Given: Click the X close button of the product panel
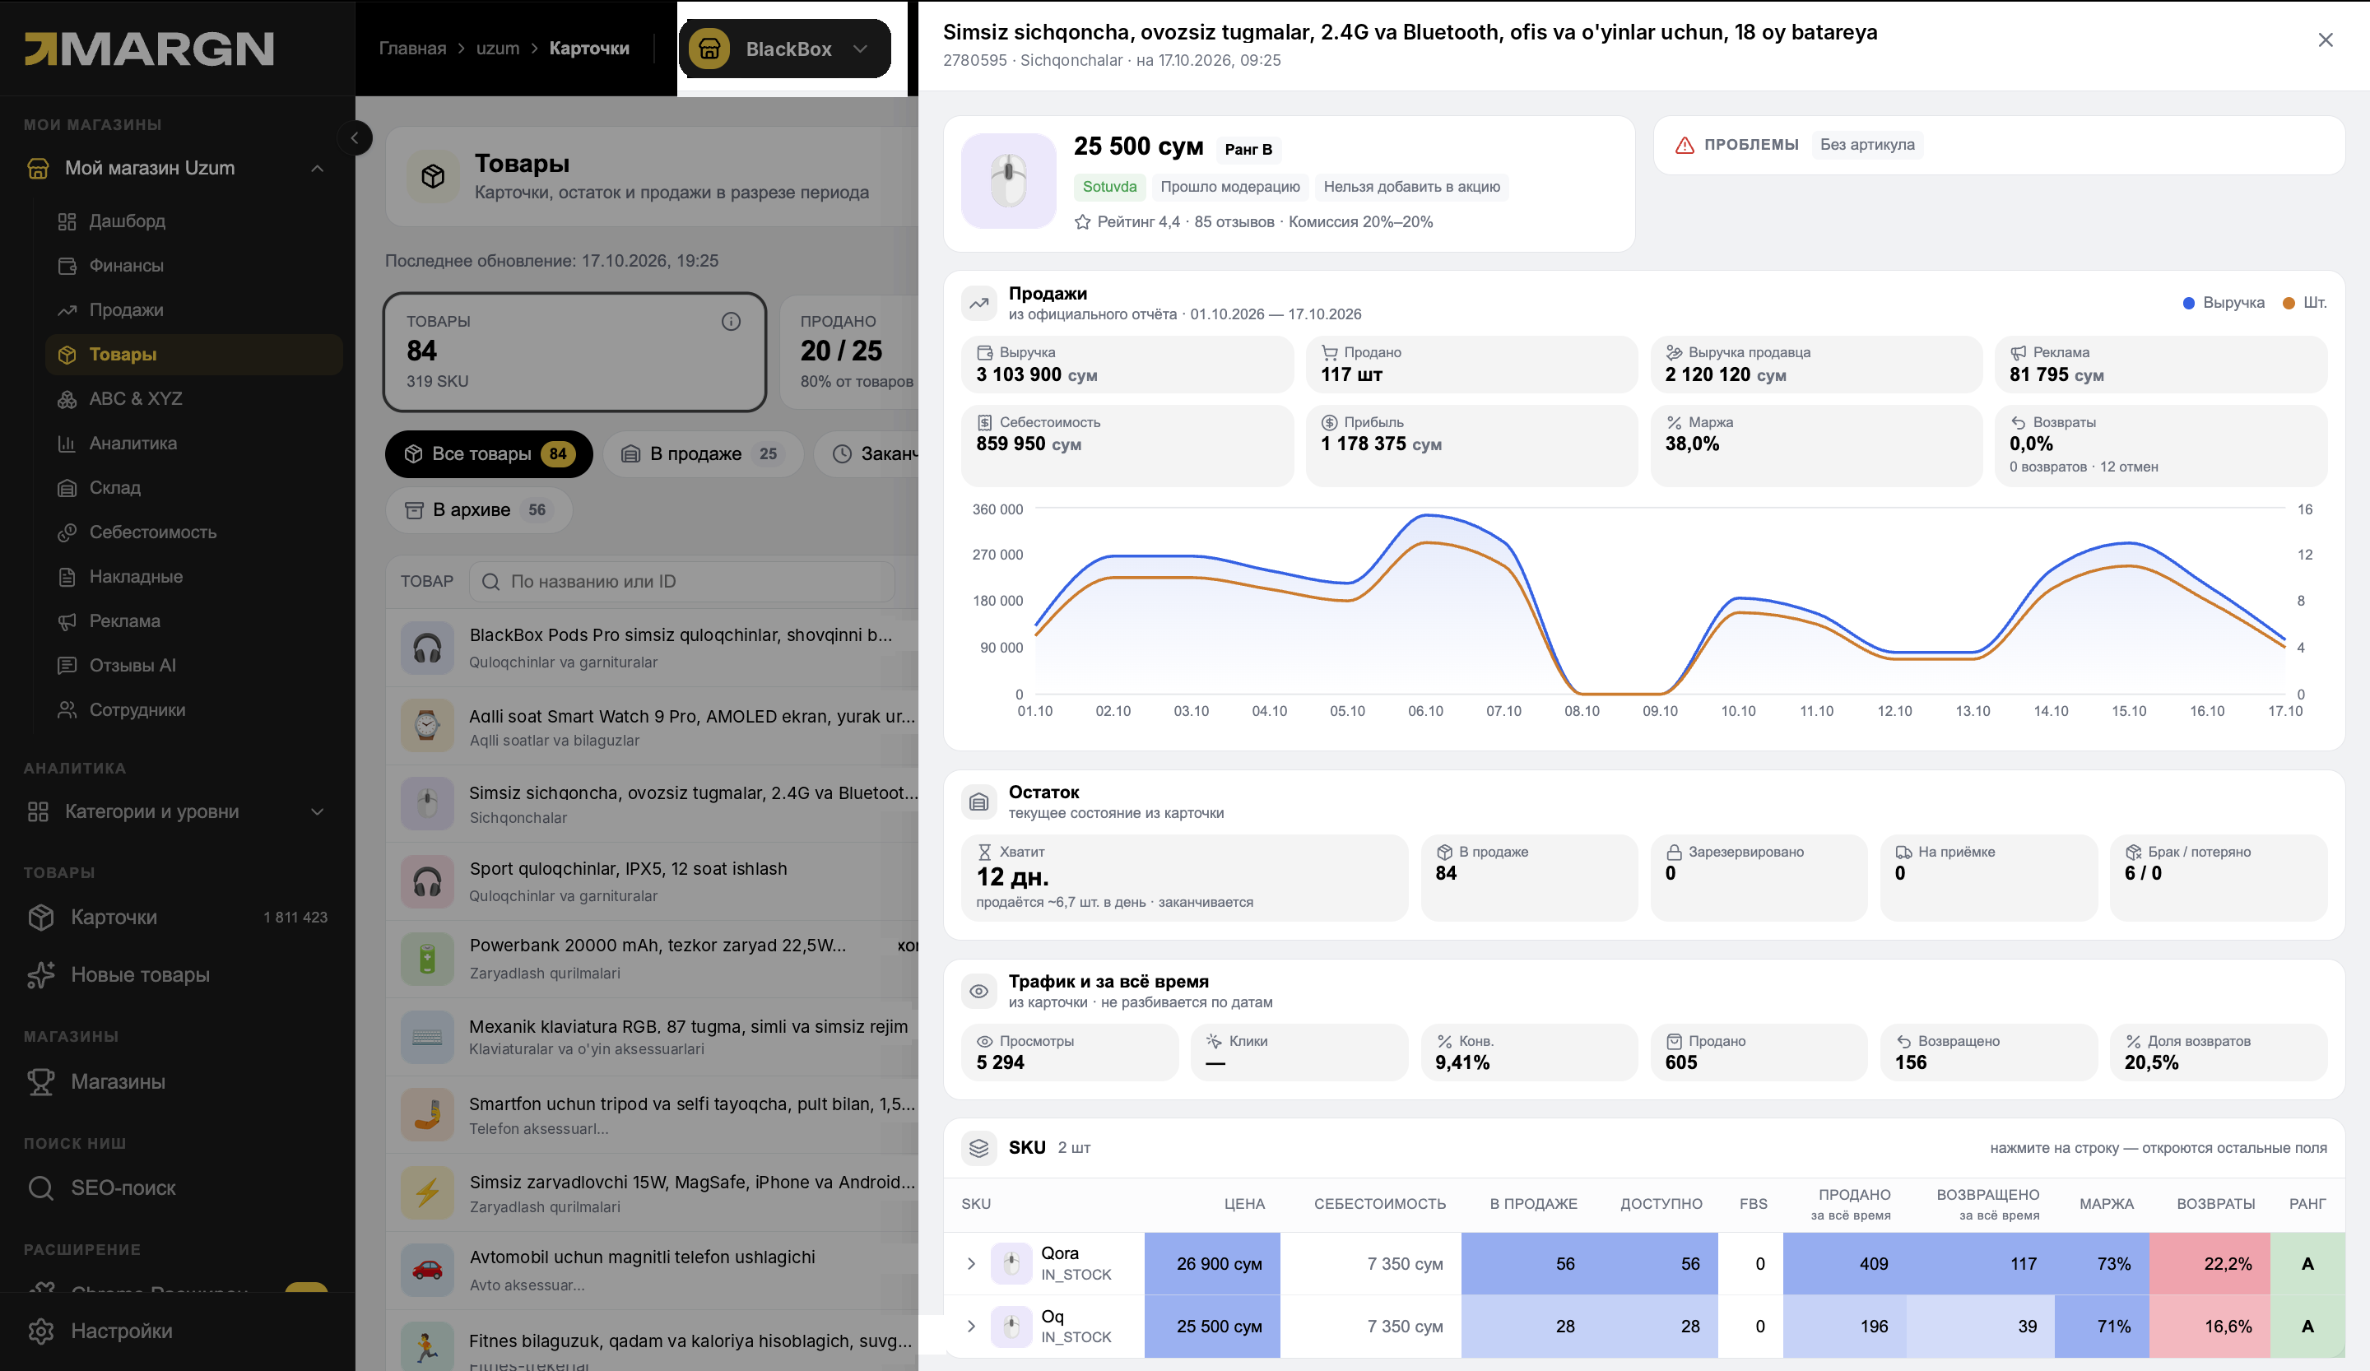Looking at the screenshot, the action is point(2325,40).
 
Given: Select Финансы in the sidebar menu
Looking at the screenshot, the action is point(126,265).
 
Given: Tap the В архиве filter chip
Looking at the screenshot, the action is point(478,509).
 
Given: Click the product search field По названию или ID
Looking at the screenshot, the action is point(682,581).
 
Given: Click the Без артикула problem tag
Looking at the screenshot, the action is point(1867,144).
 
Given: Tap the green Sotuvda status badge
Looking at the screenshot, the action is point(1108,186).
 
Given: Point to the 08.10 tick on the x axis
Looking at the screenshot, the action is point(1581,711).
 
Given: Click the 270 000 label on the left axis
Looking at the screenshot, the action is point(997,555).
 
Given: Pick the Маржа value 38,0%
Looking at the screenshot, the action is point(1692,444).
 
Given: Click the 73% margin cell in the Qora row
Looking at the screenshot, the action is point(2113,1264).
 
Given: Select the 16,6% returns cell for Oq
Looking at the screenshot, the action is point(2228,1326).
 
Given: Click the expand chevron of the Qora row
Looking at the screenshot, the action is point(970,1264).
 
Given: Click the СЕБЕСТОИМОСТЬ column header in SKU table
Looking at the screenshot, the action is point(1378,1204).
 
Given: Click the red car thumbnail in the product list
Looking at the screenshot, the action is point(427,1270).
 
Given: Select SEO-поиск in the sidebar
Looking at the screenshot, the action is point(123,1187).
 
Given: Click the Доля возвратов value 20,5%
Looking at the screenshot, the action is point(2151,1062).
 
